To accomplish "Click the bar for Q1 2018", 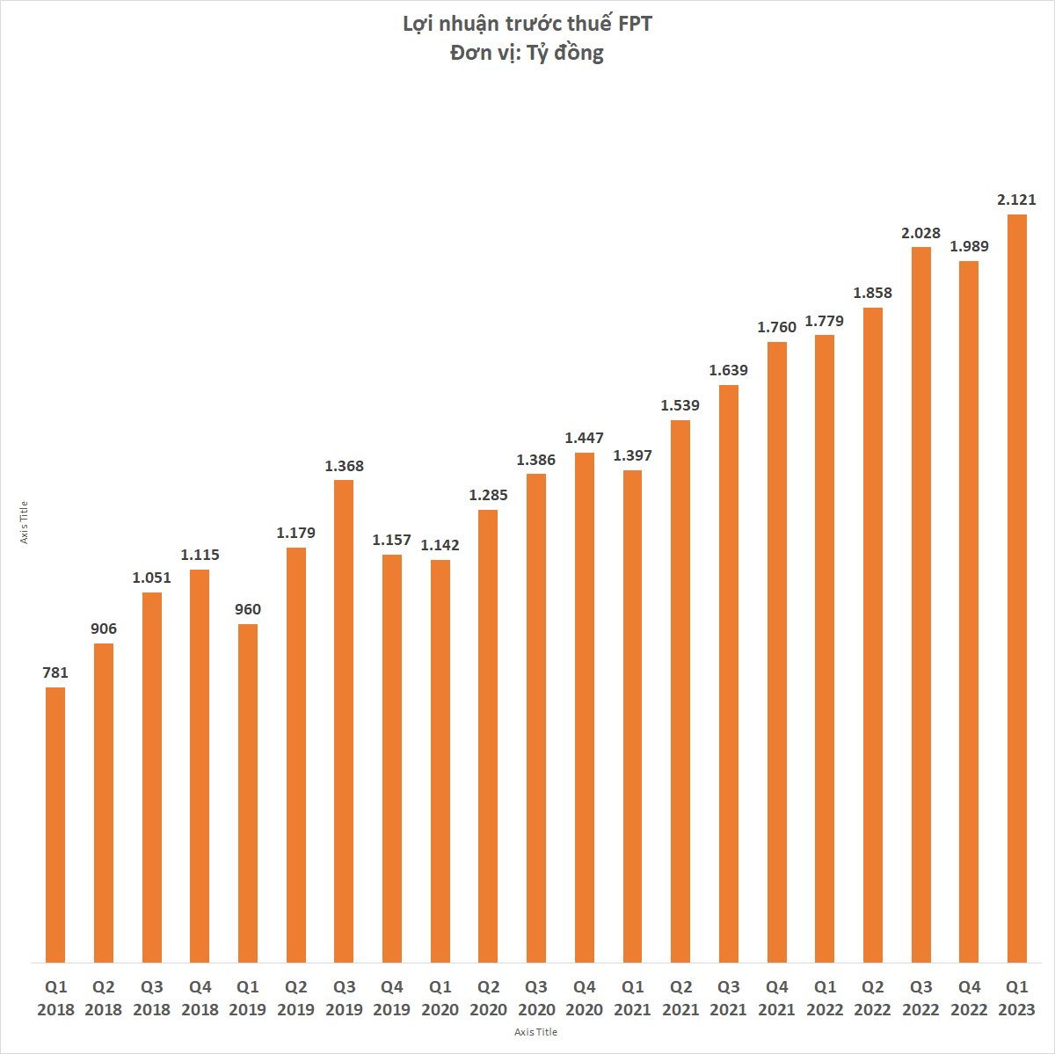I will tap(55, 825).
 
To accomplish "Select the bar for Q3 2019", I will tap(344, 721).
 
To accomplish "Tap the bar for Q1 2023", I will tap(1017, 588).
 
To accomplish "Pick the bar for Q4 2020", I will tap(585, 708).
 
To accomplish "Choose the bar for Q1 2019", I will tap(248, 793).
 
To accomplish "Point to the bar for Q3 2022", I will tap(921, 605).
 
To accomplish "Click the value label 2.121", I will tap(1017, 200).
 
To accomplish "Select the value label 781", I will tap(55, 672).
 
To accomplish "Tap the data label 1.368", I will tap(344, 466).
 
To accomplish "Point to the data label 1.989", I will tap(969, 247).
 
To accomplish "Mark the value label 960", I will tap(248, 609).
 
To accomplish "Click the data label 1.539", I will tap(680, 405).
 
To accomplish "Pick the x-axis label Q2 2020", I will tap(488, 998).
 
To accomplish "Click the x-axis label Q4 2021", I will tap(777, 998).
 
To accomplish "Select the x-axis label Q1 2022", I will tap(825, 998).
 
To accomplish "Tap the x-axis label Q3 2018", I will tap(151, 998).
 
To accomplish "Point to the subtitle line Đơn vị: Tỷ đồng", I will tap(527, 53).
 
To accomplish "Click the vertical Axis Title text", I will tap(25, 522).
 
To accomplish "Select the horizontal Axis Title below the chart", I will tap(535, 1032).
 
